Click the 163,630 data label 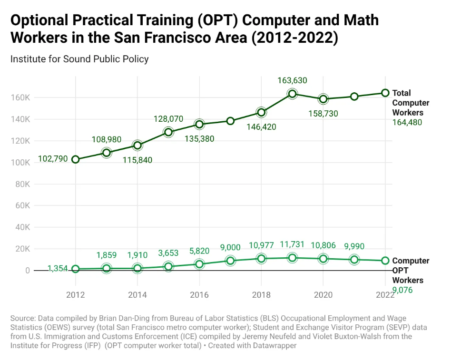(x=292, y=80)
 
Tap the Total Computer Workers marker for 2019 (x=292, y=94)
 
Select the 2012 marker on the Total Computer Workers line (x=76, y=160)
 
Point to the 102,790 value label (x=53, y=159)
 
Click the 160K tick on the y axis (x=20, y=97)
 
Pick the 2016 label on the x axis (x=199, y=295)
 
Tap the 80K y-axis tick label (x=23, y=184)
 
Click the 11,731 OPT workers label (x=292, y=244)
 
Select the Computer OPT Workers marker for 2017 (x=230, y=261)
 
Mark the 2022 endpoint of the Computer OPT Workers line (x=385, y=261)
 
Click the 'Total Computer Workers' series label (x=411, y=103)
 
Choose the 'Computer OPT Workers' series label (x=411, y=271)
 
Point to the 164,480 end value (x=407, y=123)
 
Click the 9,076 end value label (x=402, y=291)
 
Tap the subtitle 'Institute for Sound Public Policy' (x=79, y=59)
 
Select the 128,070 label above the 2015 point (x=168, y=119)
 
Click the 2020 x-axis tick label (x=323, y=295)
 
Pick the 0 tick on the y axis (x=28, y=271)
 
